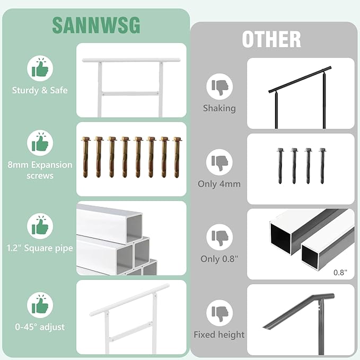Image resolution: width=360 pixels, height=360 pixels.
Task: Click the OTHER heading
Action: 271,39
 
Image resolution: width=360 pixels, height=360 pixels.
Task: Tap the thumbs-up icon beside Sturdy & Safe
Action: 40,68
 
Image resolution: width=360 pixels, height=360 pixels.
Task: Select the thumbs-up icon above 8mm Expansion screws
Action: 40,143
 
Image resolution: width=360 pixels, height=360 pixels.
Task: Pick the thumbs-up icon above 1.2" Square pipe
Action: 40,227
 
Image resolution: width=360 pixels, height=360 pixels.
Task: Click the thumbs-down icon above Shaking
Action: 219,86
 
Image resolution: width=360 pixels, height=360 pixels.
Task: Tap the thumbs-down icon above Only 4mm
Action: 219,162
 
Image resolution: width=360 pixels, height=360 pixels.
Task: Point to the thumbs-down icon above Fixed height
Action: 219,313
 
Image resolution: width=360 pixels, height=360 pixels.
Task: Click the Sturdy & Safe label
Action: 40,90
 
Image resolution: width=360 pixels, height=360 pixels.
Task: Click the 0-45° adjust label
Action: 40,327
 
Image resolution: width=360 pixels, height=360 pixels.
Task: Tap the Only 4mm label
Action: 219,184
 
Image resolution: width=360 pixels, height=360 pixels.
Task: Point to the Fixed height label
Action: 219,335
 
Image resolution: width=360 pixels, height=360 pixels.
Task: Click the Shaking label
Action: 219,108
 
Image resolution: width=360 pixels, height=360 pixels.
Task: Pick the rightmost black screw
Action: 322,165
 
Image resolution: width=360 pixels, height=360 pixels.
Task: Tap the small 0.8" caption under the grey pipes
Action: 340,273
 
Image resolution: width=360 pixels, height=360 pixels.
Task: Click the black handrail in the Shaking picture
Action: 300,81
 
